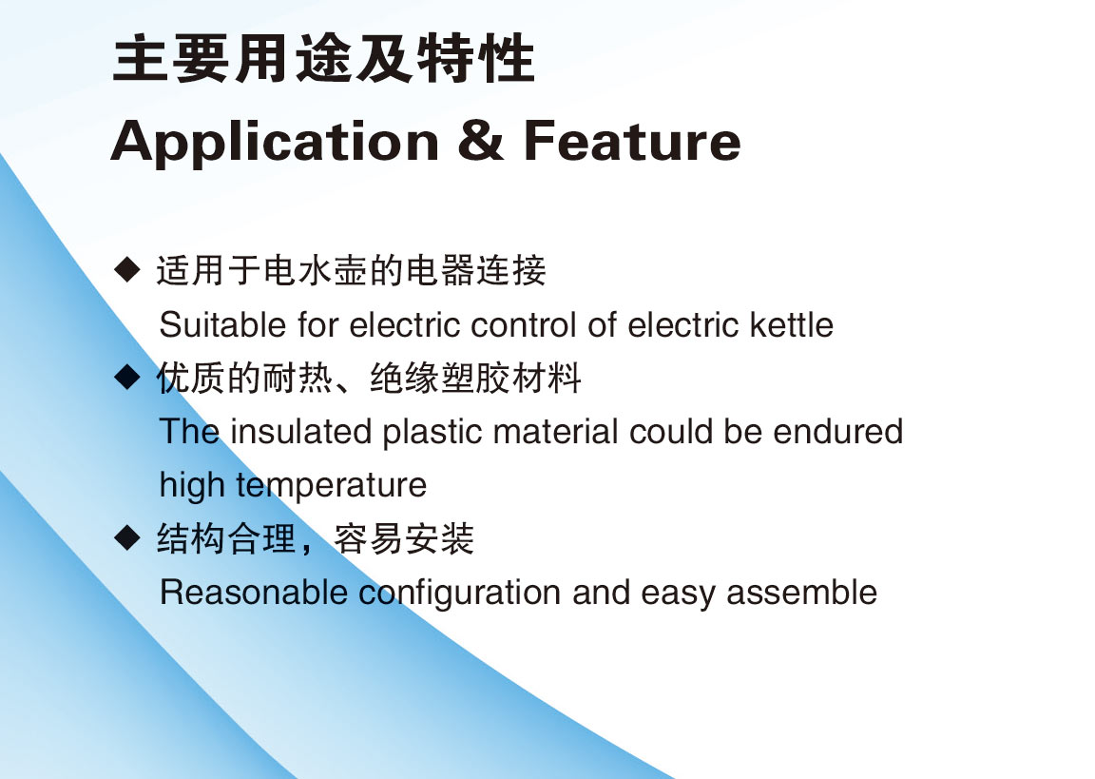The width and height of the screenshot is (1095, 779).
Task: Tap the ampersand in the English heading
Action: click(480, 141)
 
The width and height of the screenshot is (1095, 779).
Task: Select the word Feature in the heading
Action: click(632, 141)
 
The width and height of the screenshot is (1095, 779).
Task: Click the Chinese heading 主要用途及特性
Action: click(324, 58)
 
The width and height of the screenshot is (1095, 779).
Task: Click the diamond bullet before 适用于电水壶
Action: click(127, 269)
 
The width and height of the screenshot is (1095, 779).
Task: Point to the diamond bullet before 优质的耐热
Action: click(127, 377)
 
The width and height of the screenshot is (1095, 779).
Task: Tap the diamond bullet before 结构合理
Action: click(127, 537)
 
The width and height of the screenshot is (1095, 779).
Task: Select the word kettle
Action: click(791, 325)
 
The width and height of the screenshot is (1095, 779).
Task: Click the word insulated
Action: click(301, 431)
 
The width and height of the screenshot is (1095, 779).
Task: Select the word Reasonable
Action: click(254, 593)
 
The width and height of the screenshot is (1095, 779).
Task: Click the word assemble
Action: click(801, 593)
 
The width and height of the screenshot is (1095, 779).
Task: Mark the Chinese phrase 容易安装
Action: click(404, 538)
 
